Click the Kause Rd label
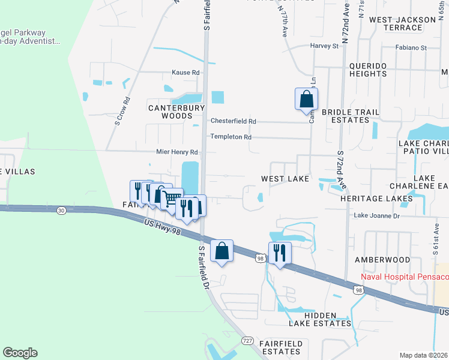[x=185, y=73]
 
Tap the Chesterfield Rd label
[x=233, y=121]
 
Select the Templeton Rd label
[x=231, y=137]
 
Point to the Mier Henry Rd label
[x=177, y=152]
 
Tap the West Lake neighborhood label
[x=285, y=179]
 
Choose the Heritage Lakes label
[x=376, y=198]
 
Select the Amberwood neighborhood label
[x=381, y=260]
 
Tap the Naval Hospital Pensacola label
[x=405, y=277]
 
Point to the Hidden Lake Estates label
[x=319, y=319]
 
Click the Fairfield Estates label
[x=285, y=347]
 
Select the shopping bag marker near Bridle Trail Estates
[x=306, y=98]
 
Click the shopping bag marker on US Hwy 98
[x=222, y=251]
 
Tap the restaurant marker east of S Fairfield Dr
[x=280, y=253]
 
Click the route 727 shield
[x=247, y=341]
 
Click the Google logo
[x=20, y=353]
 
